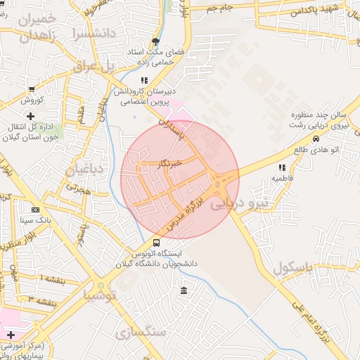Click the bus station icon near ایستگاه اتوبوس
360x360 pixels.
(156, 243)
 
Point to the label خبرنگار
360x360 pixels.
(170, 162)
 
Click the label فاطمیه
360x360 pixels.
(283, 179)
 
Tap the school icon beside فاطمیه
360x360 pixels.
(283, 167)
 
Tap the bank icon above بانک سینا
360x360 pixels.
(36, 210)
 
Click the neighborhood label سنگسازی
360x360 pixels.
(141, 331)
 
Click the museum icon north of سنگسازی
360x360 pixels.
(184, 291)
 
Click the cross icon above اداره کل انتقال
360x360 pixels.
(30, 115)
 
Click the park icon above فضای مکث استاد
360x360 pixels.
(155, 41)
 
